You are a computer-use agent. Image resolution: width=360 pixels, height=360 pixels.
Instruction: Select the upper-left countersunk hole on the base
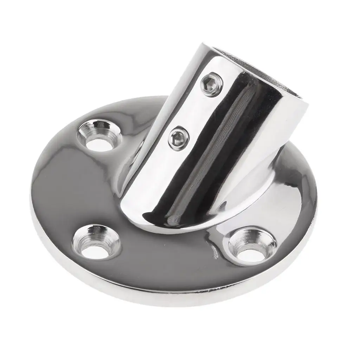pyautogui.click(x=99, y=137)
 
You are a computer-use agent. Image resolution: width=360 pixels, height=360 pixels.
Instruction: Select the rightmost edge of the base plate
pyautogui.click(x=317, y=204)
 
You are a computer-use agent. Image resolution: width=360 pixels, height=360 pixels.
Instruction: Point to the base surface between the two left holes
pyautogui.click(x=70, y=190)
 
